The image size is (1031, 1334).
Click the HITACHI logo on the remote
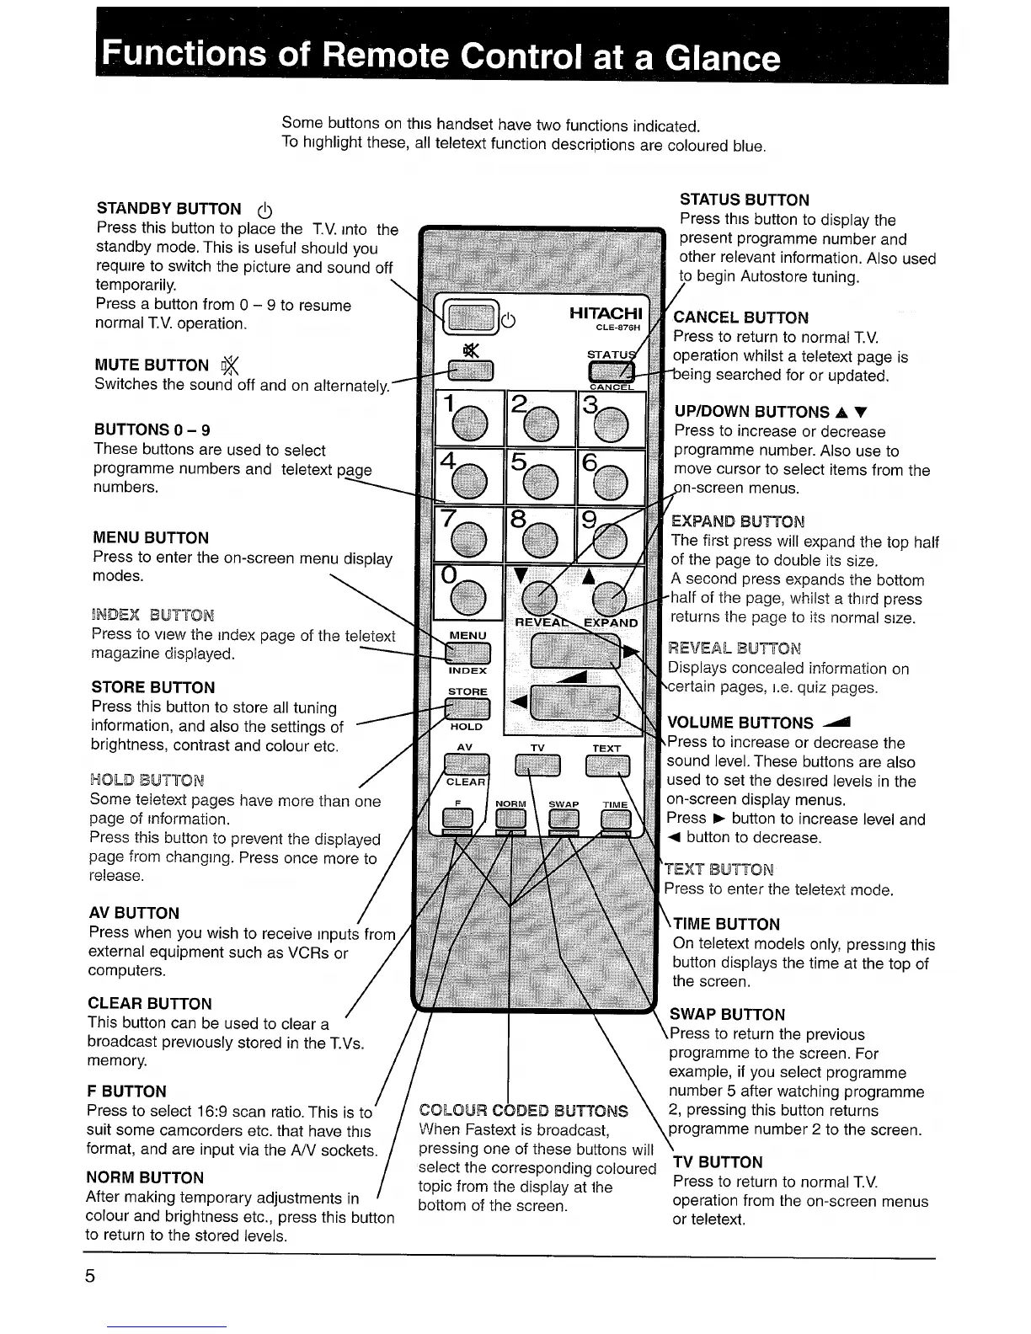tap(605, 313)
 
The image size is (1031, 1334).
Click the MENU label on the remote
tap(467, 635)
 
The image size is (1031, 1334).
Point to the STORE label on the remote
tap(467, 691)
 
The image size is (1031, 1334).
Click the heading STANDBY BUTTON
tap(168, 209)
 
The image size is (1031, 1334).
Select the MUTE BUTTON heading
tap(152, 365)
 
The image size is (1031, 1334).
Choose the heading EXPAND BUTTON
tap(738, 521)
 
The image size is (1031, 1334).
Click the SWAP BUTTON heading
tap(727, 1015)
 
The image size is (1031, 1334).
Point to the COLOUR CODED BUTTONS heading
tap(523, 1111)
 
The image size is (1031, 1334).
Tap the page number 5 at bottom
tap(90, 1276)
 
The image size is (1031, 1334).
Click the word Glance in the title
tap(721, 58)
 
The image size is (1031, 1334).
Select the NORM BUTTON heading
tap(145, 1177)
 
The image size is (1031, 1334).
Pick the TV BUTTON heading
tap(718, 1162)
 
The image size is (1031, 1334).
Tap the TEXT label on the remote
tap(606, 748)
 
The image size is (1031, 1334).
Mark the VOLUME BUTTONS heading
tap(740, 723)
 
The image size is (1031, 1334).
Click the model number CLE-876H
tap(618, 328)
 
